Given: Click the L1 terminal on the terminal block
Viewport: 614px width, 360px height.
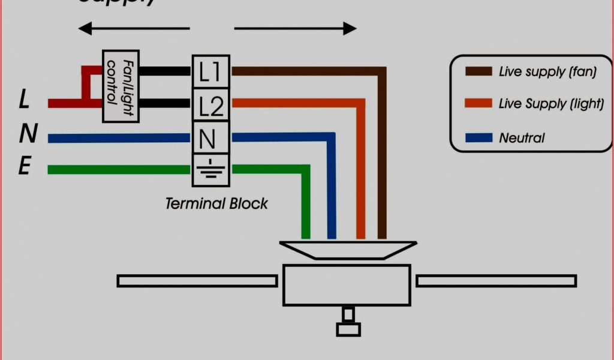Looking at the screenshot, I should (x=209, y=71).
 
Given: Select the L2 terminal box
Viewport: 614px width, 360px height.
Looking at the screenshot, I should (x=209, y=104).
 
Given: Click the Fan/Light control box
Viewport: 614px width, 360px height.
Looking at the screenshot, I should (x=121, y=86).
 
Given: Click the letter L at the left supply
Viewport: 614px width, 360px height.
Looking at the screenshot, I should (x=24, y=100).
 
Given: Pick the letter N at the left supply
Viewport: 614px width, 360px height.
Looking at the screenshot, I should (x=28, y=134).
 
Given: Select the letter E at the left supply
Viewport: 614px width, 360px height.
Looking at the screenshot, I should (x=24, y=166).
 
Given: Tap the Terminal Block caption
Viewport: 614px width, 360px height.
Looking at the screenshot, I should (x=216, y=203).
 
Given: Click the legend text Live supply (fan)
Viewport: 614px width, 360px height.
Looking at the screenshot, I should (x=547, y=72).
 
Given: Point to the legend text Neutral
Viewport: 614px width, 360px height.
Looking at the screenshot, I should (x=522, y=138).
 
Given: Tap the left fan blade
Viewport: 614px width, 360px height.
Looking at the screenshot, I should (x=197, y=281).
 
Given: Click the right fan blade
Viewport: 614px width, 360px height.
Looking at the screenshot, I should (x=496, y=281).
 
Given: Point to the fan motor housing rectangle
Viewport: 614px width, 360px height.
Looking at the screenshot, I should (x=347, y=284).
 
